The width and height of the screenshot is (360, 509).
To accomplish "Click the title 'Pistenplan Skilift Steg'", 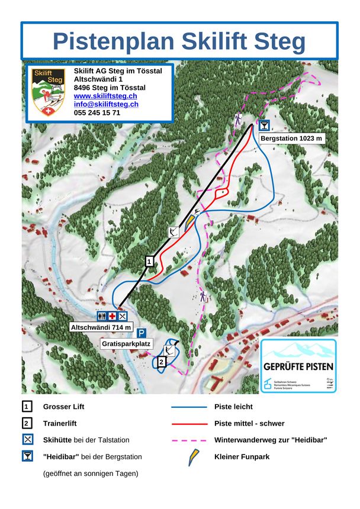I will coord(179,41).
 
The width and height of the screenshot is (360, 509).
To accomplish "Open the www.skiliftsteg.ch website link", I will coord(105,96).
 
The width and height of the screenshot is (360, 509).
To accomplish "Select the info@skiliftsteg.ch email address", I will coord(106,104).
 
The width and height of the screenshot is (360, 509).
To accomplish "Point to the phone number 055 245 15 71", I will coord(97,112).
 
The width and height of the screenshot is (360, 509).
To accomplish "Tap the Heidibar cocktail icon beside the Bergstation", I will coord(265,125).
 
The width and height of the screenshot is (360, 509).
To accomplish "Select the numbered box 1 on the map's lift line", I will coord(150,260).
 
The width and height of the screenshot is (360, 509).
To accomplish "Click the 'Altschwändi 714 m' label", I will coord(101,327).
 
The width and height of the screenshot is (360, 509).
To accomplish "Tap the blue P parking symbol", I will coord(142,333).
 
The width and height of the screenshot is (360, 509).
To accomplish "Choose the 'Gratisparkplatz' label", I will coord(127,343).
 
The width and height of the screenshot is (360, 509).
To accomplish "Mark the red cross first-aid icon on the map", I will coord(112,316).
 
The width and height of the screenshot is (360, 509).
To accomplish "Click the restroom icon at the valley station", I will coord(102,316).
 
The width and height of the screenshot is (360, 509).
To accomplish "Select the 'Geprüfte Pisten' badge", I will coord(298,366).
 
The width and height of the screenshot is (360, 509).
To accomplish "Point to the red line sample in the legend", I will coord(189,424).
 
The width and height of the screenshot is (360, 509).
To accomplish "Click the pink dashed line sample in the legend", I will coord(189,440).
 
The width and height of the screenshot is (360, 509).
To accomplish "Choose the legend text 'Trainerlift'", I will coord(60,424).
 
